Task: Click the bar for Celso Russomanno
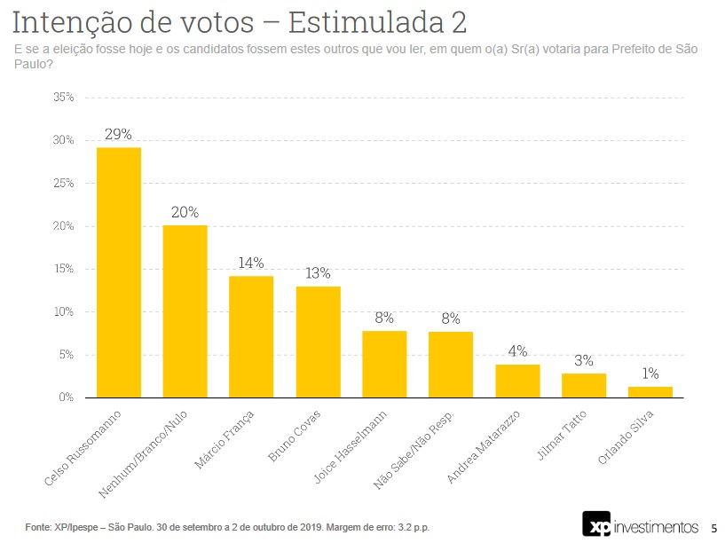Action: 118,272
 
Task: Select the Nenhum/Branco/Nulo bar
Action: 185,311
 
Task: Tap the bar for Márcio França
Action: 251,337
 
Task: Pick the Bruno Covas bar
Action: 318,342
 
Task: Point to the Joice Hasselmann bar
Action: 384,364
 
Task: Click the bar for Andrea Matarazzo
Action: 517,381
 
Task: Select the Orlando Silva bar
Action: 650,392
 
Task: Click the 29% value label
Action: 118,134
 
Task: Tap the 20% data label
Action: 185,212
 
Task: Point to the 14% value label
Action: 251,264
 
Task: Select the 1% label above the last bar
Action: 650,374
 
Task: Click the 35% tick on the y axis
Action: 63,97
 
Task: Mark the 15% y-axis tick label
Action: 63,269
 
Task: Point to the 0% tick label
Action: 66,397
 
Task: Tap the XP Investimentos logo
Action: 640,525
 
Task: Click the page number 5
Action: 713,526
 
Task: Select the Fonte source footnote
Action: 227,528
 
